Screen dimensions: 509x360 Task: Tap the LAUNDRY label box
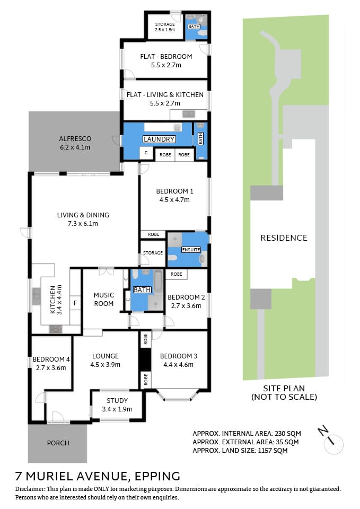coord(159,139)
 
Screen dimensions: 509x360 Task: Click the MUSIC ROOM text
coord(104,299)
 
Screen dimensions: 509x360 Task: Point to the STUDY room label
coord(117,400)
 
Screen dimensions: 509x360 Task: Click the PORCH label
coord(58,443)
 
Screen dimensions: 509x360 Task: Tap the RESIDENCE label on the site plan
coord(284,238)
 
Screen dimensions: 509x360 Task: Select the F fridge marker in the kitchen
coord(75,303)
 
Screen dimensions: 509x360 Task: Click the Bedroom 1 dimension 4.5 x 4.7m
coord(174,200)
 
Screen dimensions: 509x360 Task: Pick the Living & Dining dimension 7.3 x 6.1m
coord(83,224)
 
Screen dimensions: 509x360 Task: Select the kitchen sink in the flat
coord(188,113)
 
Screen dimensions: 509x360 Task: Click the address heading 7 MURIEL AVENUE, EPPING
coord(97,475)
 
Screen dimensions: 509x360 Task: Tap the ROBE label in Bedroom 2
coord(177,274)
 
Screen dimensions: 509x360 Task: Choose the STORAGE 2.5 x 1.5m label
coord(164,27)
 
